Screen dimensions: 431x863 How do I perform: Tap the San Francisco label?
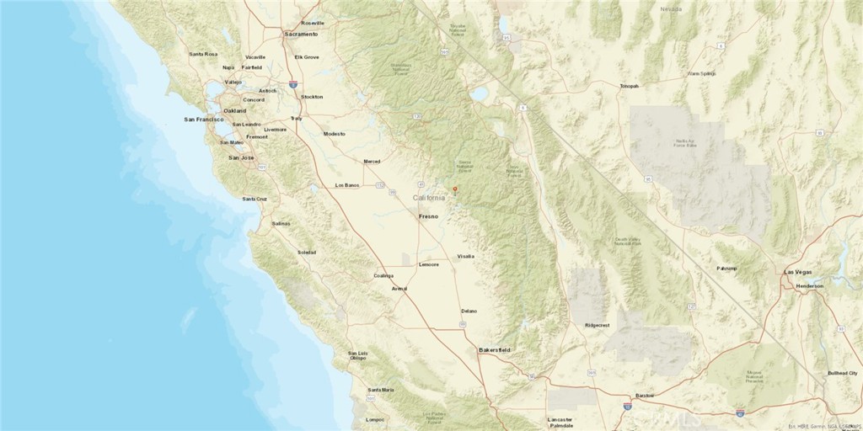[x=202, y=120]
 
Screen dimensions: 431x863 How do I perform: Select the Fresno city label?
[x=429, y=216]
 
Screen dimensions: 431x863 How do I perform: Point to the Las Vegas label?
[x=799, y=273]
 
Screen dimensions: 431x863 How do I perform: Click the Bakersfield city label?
[x=495, y=349]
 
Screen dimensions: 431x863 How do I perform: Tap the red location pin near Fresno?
[x=455, y=189]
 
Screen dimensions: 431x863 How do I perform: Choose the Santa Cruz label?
[x=255, y=199]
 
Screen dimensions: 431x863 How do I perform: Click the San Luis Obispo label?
[x=358, y=355]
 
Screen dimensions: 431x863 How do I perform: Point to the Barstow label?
[x=645, y=395]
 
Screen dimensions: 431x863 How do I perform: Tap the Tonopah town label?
[x=629, y=86]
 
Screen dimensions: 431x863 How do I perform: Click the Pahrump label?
[x=726, y=269]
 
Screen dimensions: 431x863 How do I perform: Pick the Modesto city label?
[x=335, y=134]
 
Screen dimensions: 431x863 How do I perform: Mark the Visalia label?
[x=465, y=255]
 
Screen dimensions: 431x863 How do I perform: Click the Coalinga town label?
[x=383, y=275]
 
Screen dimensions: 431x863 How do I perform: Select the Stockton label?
[x=312, y=97]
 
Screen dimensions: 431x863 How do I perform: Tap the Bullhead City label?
[x=842, y=372]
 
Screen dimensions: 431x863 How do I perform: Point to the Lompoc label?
[x=375, y=419]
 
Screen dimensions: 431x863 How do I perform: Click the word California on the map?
[x=429, y=198]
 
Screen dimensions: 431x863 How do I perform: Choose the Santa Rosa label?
[x=203, y=54]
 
